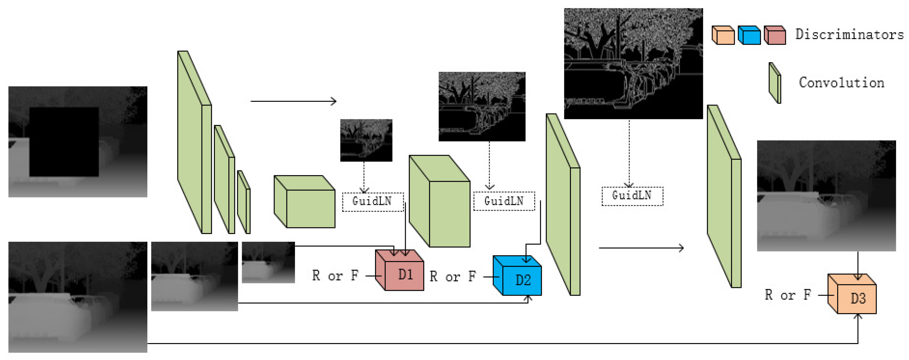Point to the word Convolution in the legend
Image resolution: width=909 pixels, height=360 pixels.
842,83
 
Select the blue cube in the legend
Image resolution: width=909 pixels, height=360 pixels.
749,35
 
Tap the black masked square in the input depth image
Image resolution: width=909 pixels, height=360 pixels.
64,142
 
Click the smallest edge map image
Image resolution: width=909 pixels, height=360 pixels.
366,140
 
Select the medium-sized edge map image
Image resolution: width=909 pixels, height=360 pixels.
482,106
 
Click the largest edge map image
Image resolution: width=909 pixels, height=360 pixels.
633,63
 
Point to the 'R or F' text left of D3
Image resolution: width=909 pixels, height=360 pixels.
787,295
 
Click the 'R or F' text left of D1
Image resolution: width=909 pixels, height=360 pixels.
335,276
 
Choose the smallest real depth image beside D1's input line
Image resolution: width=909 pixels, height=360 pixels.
268,262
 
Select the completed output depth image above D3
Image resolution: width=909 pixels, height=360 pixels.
826,195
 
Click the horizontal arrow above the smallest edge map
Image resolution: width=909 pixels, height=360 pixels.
293,101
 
